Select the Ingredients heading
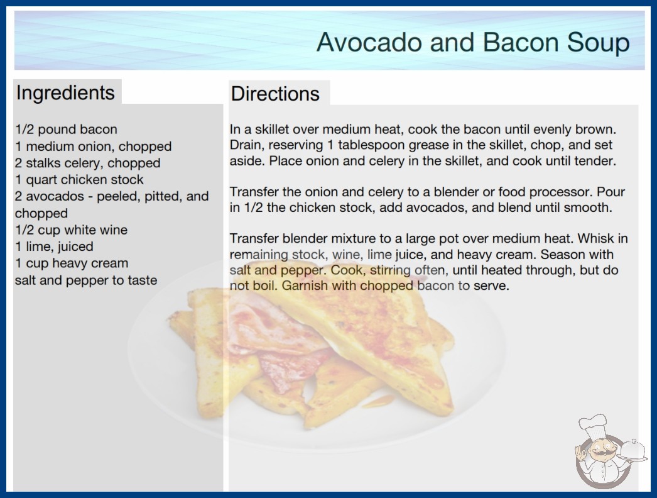click(65, 93)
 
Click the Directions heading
click(275, 94)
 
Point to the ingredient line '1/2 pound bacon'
click(66, 130)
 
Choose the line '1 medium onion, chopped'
click(94, 147)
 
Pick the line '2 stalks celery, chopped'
click(87, 163)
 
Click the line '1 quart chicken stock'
click(79, 180)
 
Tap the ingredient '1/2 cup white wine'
click(71, 230)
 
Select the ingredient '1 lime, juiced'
click(54, 246)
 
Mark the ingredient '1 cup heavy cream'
click(72, 263)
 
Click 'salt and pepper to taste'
click(86, 280)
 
